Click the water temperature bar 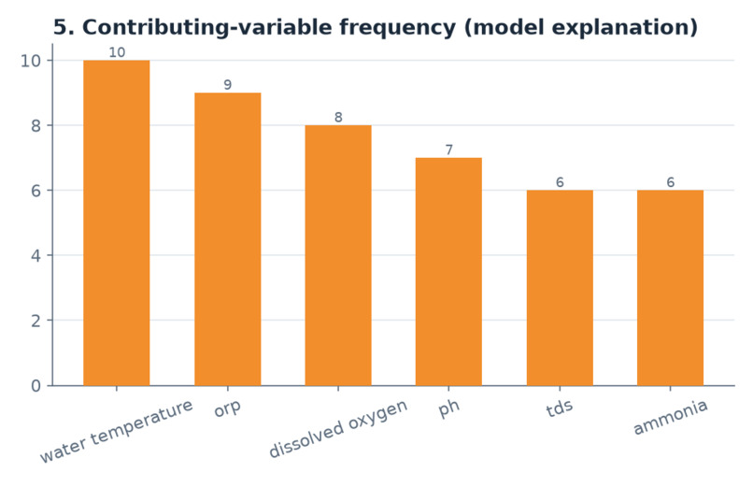coord(117,222)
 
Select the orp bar coord(228,239)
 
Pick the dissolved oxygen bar coord(338,255)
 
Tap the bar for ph coord(448,272)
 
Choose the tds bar coord(560,288)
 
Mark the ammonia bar coord(670,288)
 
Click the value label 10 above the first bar coord(117,52)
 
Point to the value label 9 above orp coord(228,85)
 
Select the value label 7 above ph coord(449,150)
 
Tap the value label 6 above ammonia coord(671,182)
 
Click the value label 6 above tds coord(560,182)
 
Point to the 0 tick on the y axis coord(36,386)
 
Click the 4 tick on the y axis coord(36,255)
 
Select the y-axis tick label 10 coord(30,61)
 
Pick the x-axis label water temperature coord(117,431)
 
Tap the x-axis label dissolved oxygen coord(338,428)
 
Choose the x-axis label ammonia coord(671,417)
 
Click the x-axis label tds coord(560,408)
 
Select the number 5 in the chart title coord(59,27)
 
